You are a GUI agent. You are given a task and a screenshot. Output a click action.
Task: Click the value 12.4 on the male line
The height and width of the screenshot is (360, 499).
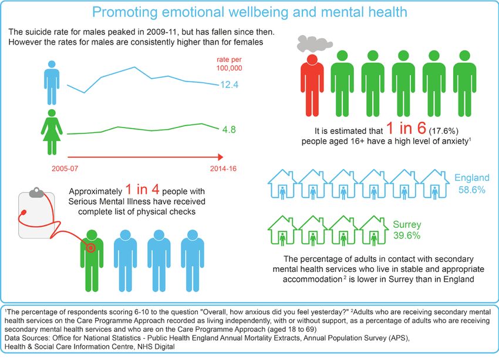pyautogui.click(x=229, y=85)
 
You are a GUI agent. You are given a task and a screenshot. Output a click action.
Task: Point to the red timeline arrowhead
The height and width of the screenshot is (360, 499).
pyautogui.click(x=220, y=157)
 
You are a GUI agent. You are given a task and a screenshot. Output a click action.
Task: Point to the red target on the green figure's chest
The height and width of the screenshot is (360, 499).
pyautogui.click(x=90, y=247)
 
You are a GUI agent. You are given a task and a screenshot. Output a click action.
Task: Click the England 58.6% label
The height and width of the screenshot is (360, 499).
pyautogui.click(x=471, y=183)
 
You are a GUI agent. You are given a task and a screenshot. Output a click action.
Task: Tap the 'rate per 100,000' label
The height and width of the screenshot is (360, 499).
pyautogui.click(x=230, y=63)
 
